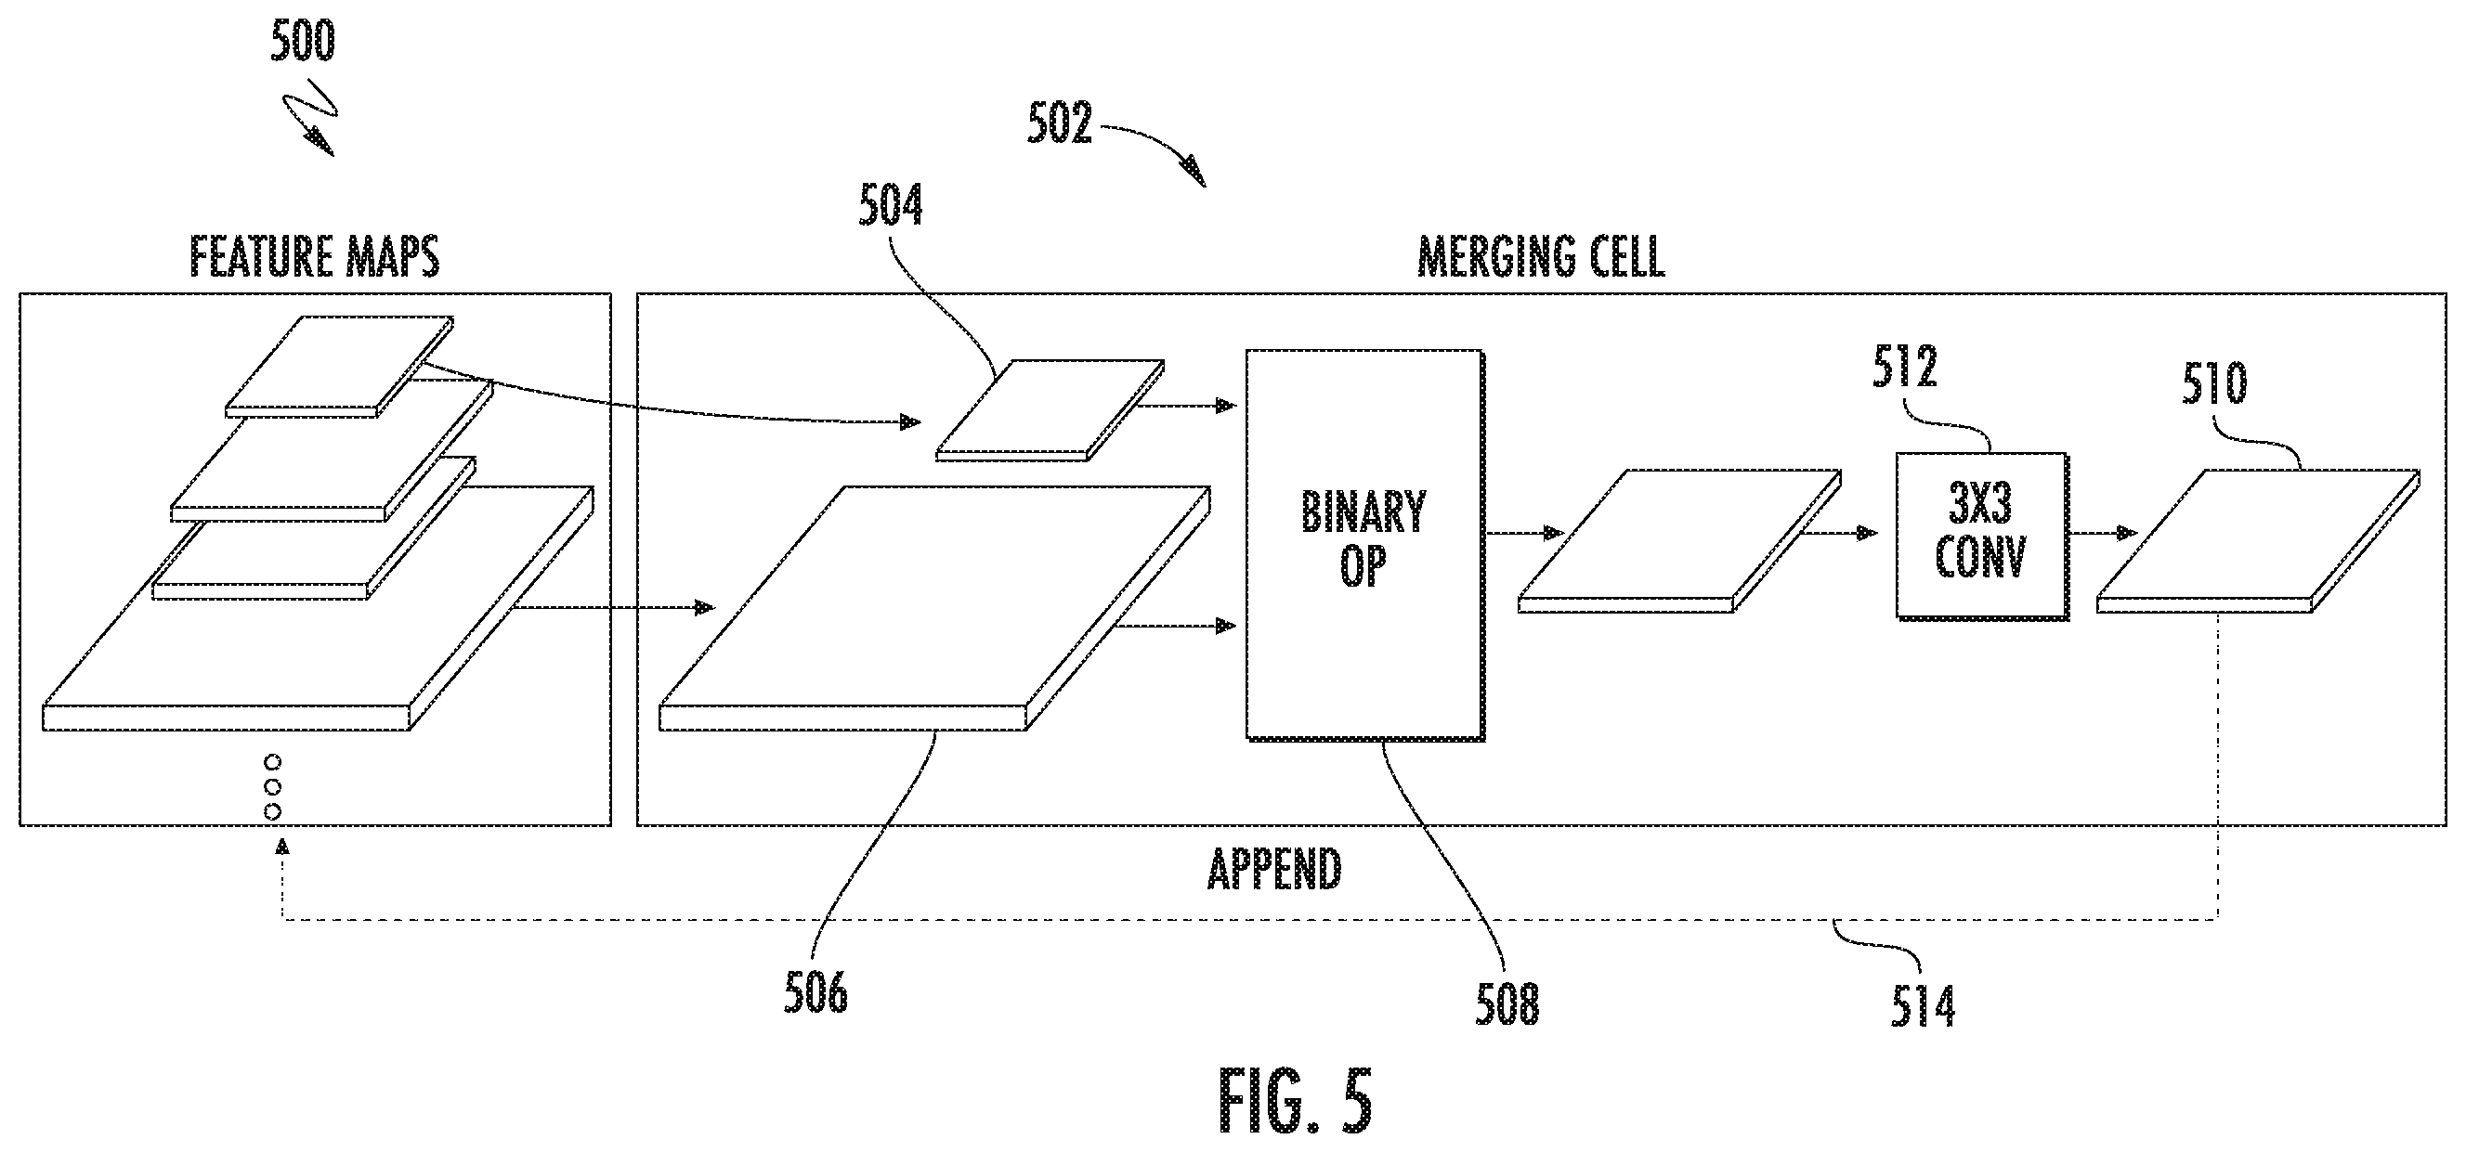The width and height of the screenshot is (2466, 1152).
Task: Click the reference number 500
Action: (x=303, y=42)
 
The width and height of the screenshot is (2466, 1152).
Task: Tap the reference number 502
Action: (x=1060, y=124)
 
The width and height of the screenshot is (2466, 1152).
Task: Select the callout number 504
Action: (x=891, y=207)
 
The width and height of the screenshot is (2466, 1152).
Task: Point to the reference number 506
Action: (x=815, y=992)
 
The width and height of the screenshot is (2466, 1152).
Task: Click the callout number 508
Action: (x=1507, y=1004)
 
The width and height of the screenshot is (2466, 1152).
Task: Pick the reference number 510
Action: (x=2214, y=384)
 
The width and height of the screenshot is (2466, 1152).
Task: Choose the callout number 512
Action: (x=1905, y=368)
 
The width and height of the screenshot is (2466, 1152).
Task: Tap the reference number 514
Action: (x=1923, y=1006)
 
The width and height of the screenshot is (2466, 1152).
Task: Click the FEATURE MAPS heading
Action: (x=314, y=257)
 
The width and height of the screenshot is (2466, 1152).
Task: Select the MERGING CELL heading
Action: (x=1540, y=257)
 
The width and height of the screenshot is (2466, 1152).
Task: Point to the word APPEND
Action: (x=1274, y=869)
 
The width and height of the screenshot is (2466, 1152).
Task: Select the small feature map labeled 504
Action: (x=1050, y=410)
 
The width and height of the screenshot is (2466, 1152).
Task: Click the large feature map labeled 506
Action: (x=935, y=609)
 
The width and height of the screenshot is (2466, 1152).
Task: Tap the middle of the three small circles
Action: (x=272, y=786)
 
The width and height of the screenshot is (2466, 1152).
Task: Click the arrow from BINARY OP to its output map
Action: (x=1524, y=533)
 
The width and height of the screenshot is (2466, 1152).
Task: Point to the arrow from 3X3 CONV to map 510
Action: (x=2103, y=533)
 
